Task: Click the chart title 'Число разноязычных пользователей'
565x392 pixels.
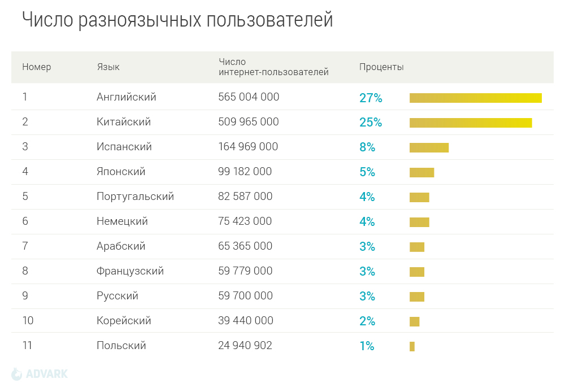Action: pos(177,20)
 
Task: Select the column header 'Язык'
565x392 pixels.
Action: pos(108,67)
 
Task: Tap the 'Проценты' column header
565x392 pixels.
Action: pos(381,67)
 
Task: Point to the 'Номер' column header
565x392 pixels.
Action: pos(37,67)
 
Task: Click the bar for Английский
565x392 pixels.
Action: pos(475,98)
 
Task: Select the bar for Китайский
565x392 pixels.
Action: pos(471,123)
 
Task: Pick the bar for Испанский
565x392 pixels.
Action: pos(429,148)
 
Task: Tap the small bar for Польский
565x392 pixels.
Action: pos(412,346)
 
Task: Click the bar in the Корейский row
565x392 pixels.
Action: pos(415,321)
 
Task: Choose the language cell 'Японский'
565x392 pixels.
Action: pos(121,172)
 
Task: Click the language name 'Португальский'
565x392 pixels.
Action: pos(135,197)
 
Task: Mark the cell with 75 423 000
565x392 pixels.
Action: pos(245,221)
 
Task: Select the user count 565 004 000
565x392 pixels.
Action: pos(249,97)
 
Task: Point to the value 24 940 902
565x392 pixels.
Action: pos(245,346)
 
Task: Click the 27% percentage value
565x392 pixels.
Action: pos(371,98)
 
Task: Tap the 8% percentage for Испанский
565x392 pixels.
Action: pos(367,147)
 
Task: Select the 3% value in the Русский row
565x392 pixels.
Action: pos(367,297)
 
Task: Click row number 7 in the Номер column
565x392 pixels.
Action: pos(25,246)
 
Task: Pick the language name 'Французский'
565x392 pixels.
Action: pos(130,271)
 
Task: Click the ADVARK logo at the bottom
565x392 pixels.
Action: pos(40,374)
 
